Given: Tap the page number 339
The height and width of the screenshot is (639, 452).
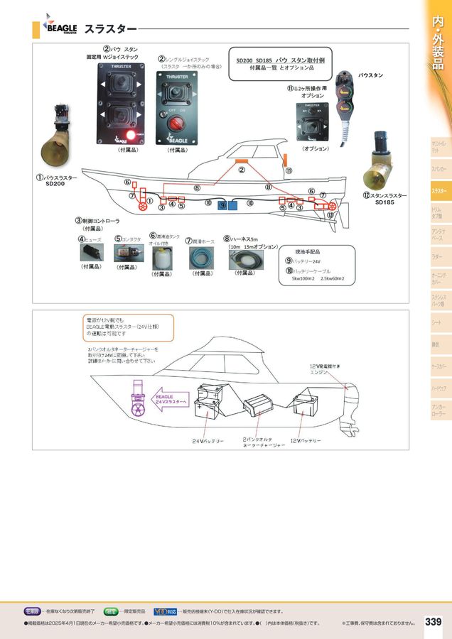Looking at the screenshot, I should [433, 622].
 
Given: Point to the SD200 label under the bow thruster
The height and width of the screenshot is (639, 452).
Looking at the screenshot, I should [55, 184].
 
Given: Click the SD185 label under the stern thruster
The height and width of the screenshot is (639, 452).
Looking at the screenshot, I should [384, 202].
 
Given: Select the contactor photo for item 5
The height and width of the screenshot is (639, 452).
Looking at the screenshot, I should [127, 253].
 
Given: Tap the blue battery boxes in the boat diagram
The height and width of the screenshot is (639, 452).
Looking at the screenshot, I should [227, 205].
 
